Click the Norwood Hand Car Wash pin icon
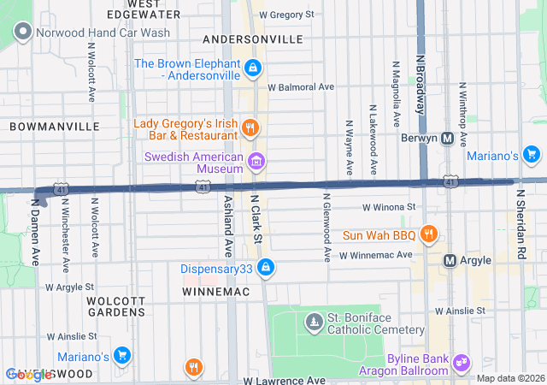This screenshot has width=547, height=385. coord(22,33)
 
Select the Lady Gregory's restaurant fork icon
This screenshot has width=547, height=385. coord(250,128)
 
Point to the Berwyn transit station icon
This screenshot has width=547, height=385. coord(448,139)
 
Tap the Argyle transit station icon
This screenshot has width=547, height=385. coord(450,260)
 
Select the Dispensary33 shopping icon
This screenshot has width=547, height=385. coord(266,268)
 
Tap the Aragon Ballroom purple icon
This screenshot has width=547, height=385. coord(462,363)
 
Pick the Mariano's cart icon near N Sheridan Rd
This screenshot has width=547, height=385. coord(532,155)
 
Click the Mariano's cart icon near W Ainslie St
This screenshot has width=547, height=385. coord(121,356)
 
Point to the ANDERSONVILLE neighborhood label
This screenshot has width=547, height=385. coord(253,39)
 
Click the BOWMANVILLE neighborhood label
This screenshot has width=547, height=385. coord(55,126)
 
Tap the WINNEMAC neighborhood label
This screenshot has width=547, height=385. coord(215,292)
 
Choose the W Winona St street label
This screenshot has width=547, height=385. coord(388,207)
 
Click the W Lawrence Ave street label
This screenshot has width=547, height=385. coord(285,379)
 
